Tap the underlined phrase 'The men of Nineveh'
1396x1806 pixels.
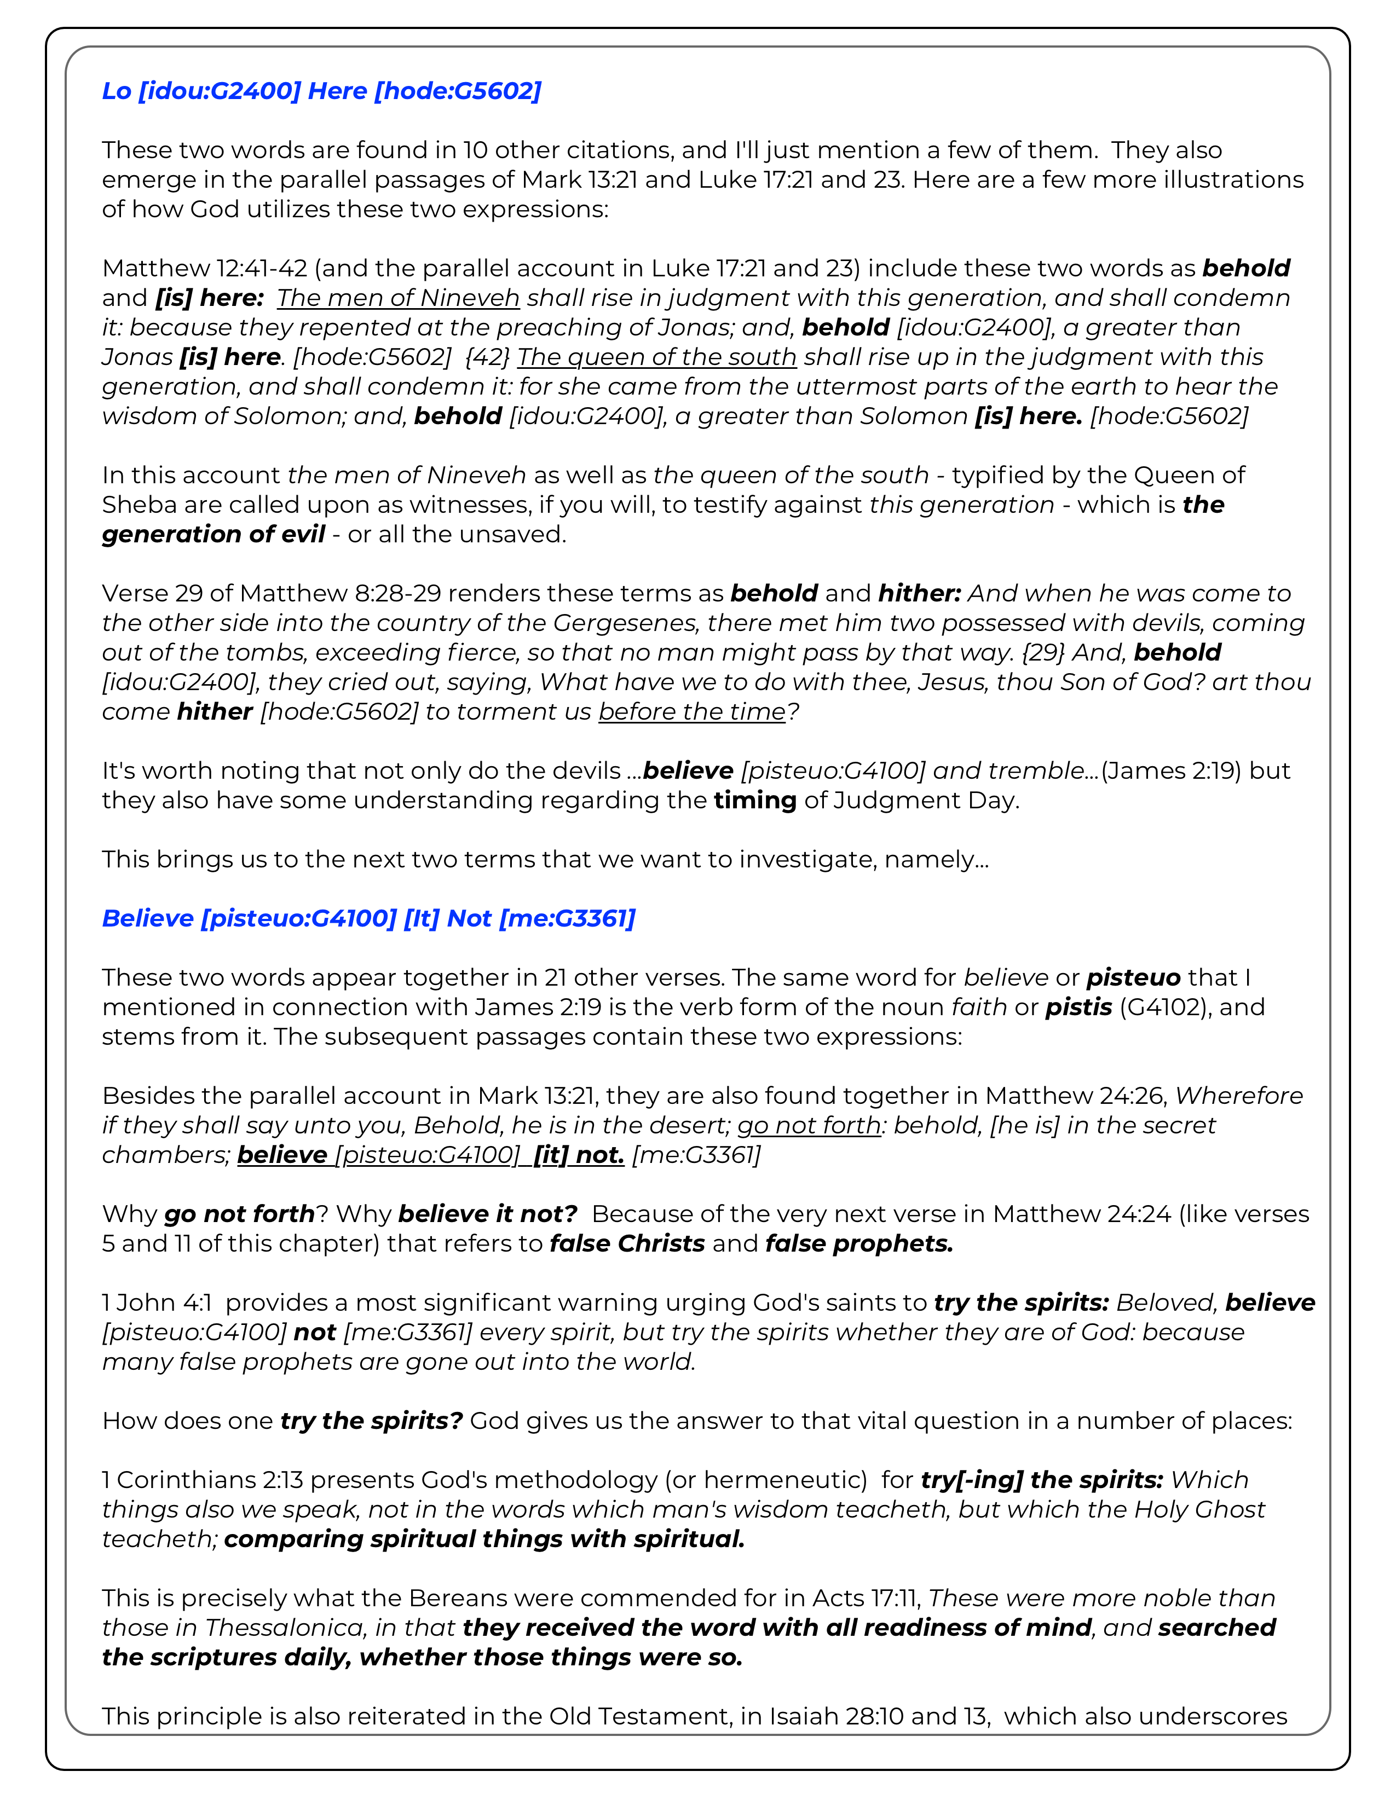tap(398, 298)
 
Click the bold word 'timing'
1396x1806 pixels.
tap(755, 801)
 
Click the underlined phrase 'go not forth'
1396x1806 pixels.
tap(809, 1125)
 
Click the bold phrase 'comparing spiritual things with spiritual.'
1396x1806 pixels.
tap(484, 1539)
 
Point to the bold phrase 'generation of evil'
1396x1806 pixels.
tap(214, 534)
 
